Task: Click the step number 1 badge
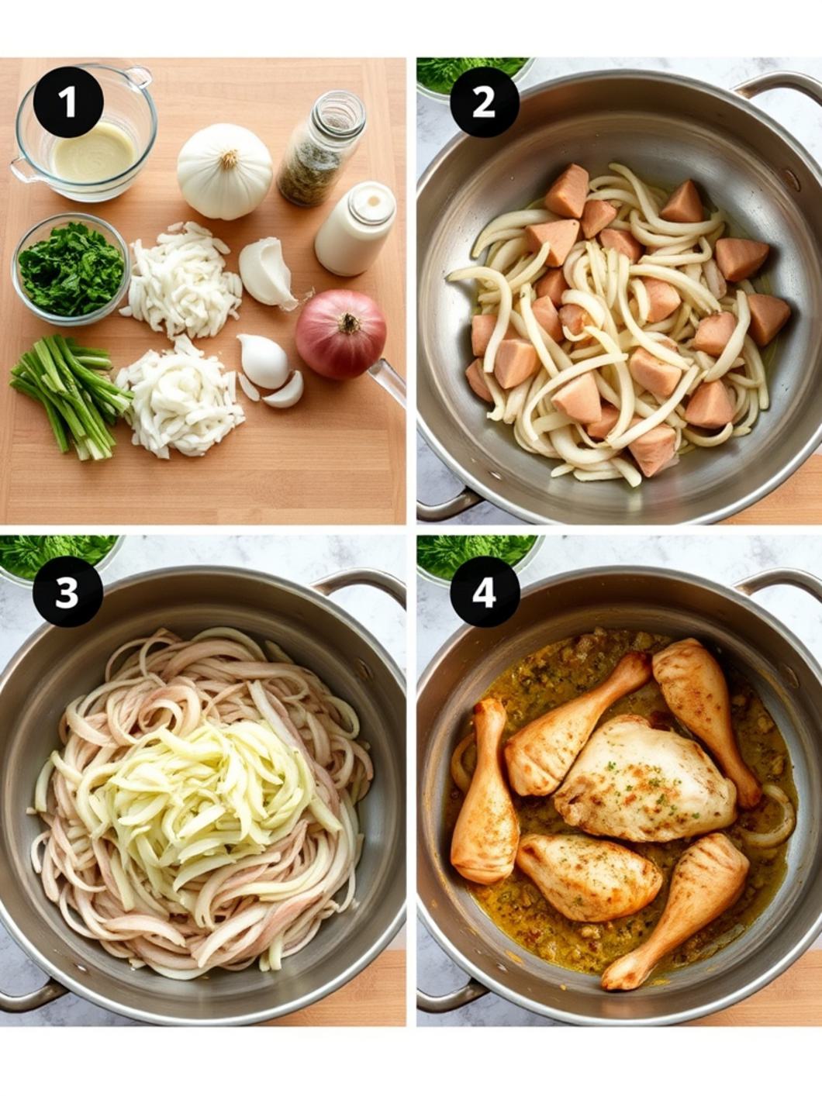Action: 68,102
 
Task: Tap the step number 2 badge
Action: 484,102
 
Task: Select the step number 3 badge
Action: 67,592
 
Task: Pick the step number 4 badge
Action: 484,592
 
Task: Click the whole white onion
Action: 224,172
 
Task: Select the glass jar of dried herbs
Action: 319,149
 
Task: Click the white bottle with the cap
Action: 355,229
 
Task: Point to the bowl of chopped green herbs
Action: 70,269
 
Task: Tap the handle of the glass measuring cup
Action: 139,78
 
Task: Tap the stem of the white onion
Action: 228,160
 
